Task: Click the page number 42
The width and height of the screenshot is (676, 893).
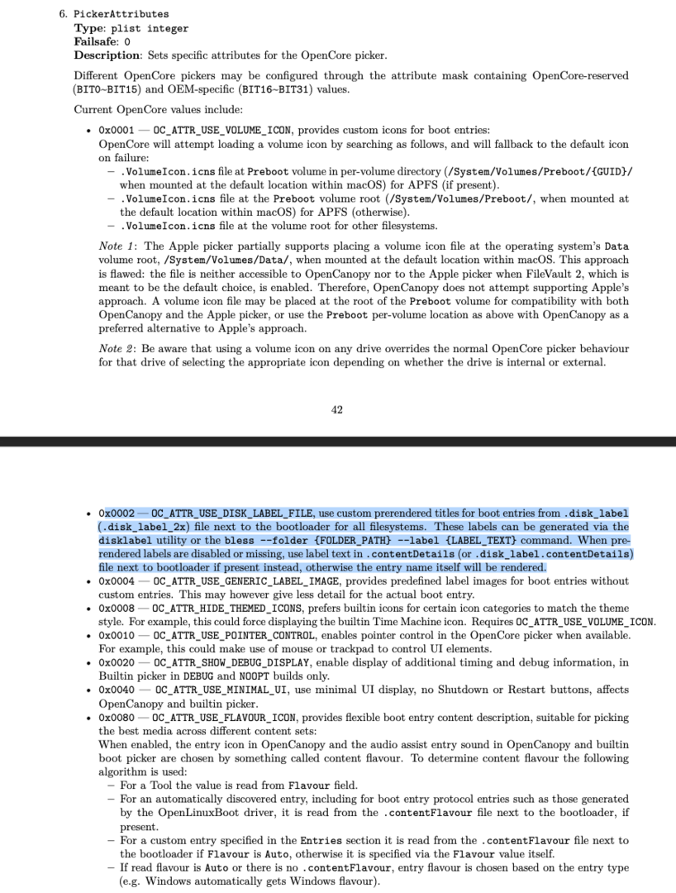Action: [x=337, y=409]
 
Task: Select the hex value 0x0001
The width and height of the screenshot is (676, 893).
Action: [x=112, y=131]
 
